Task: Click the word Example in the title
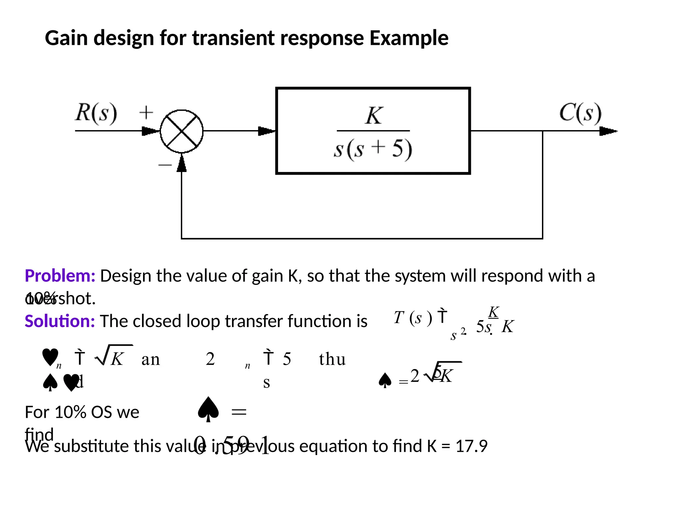409,38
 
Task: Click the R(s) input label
96,113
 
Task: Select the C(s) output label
580,113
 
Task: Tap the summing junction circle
182,131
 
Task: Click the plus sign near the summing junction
146,112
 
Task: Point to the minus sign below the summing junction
165,164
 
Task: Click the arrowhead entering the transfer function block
266,131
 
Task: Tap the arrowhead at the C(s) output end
608,131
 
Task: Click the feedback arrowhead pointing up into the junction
182,164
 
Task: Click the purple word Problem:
60,276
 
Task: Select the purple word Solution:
60,321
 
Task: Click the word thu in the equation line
332,359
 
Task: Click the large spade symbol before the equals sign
208,410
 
